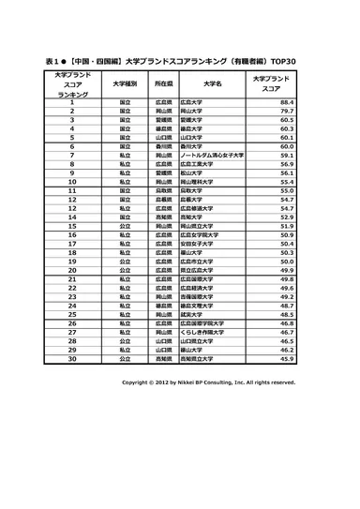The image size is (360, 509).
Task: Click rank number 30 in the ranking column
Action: pyautogui.click(x=71, y=358)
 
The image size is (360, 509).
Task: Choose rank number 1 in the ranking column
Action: pyautogui.click(x=71, y=101)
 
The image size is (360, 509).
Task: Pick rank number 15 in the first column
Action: pyautogui.click(x=71, y=226)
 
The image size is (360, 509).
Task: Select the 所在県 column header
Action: pyautogui.click(x=164, y=82)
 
